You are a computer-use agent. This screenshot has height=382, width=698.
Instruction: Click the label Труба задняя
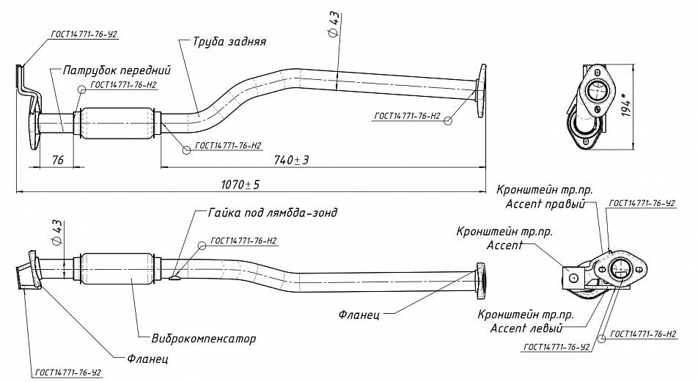(229, 41)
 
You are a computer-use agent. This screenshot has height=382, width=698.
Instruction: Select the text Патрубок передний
(117, 70)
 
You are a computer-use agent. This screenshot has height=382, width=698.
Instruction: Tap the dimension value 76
(58, 159)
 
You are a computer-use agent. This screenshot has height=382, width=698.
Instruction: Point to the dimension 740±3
(292, 159)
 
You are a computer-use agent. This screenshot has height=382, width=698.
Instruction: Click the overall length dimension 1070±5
(240, 184)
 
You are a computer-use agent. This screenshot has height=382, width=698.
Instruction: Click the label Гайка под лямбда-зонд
(273, 213)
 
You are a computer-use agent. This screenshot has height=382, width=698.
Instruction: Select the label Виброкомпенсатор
(203, 338)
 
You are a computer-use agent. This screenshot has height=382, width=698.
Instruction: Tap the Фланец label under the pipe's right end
(359, 315)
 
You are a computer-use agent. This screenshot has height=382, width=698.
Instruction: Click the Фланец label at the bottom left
(147, 359)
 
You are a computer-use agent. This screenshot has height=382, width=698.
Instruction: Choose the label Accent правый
(545, 205)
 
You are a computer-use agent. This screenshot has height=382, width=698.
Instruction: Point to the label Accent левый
(526, 328)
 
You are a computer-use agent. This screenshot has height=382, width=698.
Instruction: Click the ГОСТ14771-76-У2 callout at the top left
(84, 34)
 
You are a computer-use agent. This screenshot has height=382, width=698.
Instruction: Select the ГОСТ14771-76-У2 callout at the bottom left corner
(67, 372)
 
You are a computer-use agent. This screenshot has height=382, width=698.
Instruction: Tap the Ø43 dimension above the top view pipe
(334, 24)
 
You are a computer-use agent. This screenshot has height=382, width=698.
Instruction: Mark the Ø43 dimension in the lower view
(57, 232)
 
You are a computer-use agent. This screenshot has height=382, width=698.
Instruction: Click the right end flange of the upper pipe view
(481, 91)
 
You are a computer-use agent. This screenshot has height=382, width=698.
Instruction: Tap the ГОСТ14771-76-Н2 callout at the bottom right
(643, 334)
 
